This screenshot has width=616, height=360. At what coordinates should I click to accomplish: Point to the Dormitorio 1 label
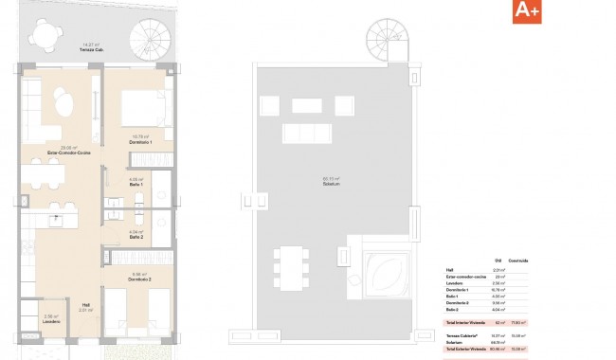coord(141,142)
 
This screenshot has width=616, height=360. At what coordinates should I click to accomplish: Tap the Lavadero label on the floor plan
coord(51,322)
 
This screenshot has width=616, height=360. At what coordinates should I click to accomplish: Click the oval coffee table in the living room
coord(63,101)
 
